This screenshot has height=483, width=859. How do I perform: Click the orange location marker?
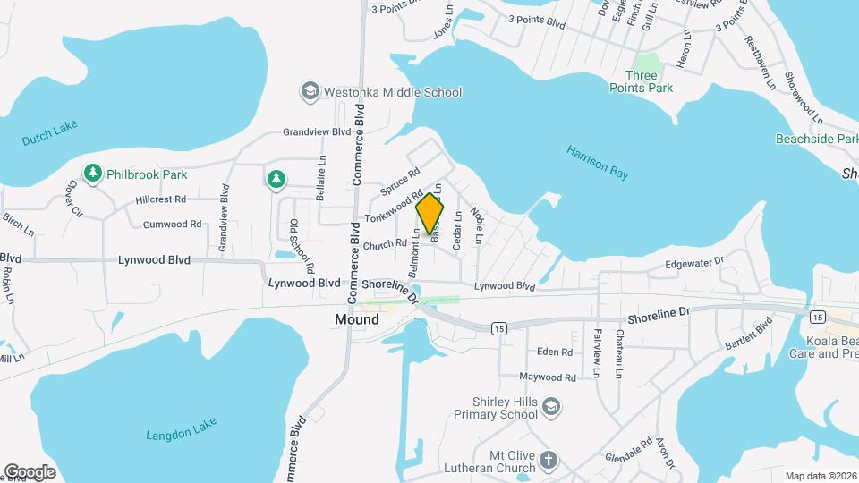pyautogui.click(x=430, y=213)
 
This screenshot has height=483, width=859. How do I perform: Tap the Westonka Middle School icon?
pyautogui.click(x=310, y=91)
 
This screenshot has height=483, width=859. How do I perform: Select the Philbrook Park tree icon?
pyautogui.click(x=91, y=173)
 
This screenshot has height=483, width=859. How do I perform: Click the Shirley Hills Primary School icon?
pyautogui.click(x=552, y=408)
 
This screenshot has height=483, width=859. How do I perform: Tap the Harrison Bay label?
pyautogui.click(x=598, y=163)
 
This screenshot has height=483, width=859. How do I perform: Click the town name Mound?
pyautogui.click(x=357, y=319)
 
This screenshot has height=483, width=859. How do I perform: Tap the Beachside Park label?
pyautogui.click(x=816, y=140)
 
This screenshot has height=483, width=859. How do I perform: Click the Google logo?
pyautogui.click(x=30, y=471)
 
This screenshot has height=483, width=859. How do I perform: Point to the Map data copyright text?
pyautogui.click(x=821, y=475)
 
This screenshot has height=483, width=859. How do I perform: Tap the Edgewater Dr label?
pyautogui.click(x=693, y=264)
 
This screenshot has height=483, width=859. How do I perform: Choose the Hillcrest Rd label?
pyautogui.click(x=161, y=199)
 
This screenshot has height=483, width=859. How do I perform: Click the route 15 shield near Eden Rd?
pyautogui.click(x=498, y=328)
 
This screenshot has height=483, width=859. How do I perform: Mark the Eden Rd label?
pyautogui.click(x=555, y=352)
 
